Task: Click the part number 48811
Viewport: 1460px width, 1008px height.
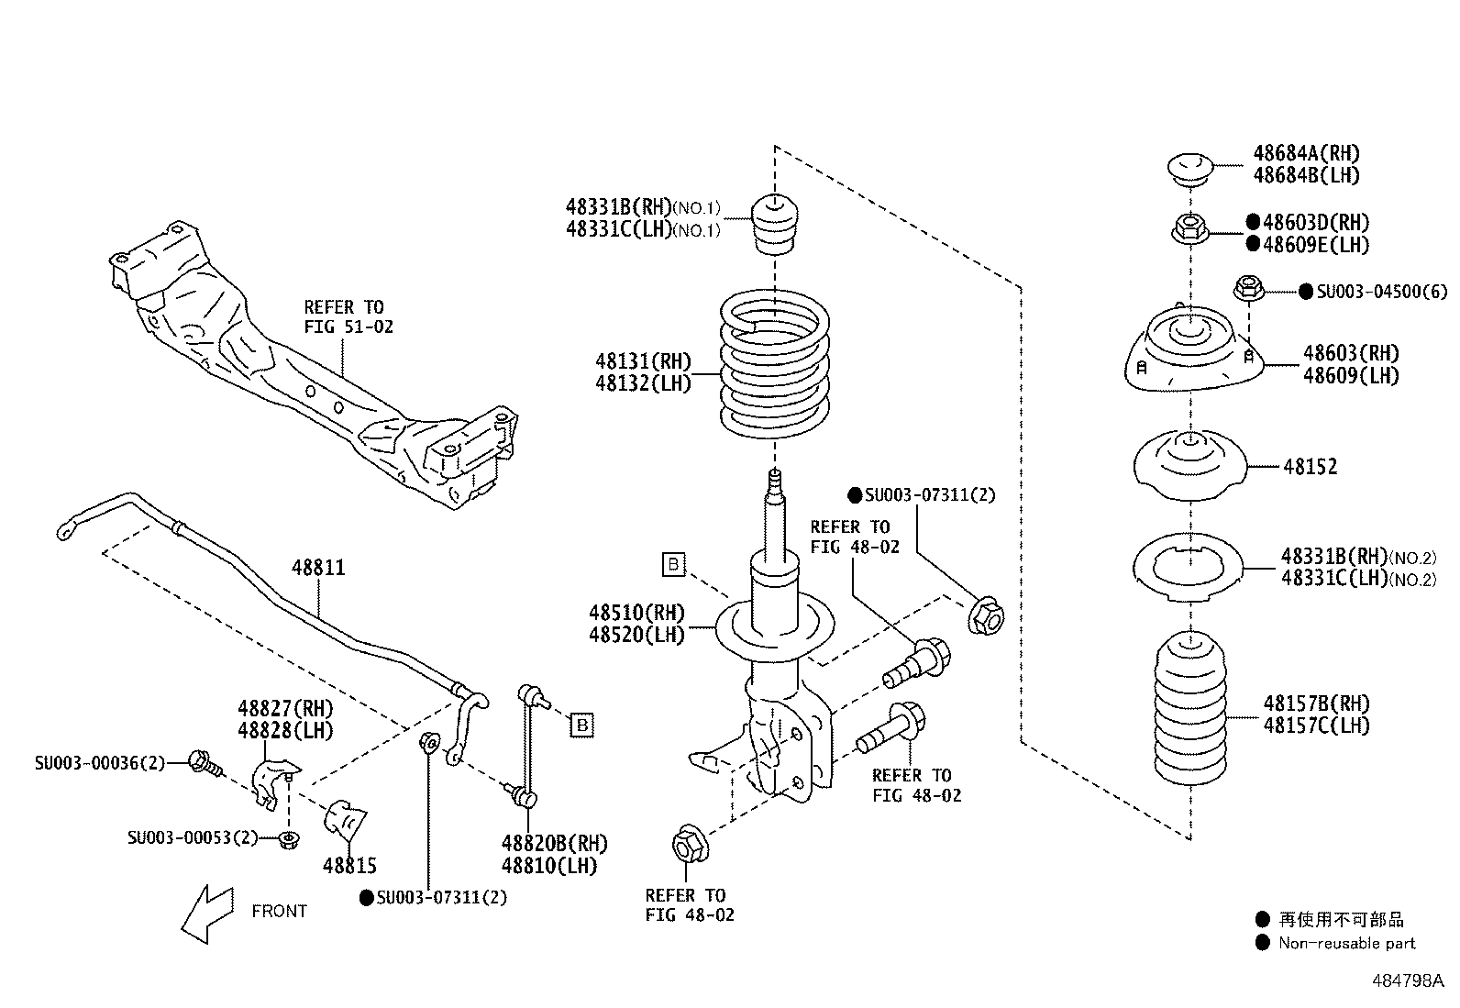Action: coord(318,568)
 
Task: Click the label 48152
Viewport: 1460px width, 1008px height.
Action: coord(1310,467)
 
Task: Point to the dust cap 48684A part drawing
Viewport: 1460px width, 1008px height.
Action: coord(1190,169)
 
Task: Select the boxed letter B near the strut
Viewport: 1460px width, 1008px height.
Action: coord(674,564)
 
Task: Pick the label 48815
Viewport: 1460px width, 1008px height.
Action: coord(349,865)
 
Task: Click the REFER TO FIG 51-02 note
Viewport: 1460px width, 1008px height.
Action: coord(348,316)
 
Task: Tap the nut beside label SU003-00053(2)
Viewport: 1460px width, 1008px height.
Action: coord(289,838)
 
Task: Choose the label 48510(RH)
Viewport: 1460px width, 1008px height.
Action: coord(636,612)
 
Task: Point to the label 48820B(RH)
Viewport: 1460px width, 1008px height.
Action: coord(554,844)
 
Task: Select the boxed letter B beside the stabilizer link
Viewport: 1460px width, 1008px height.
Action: coord(581,726)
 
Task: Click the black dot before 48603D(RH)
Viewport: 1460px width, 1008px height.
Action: coord(1253,222)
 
